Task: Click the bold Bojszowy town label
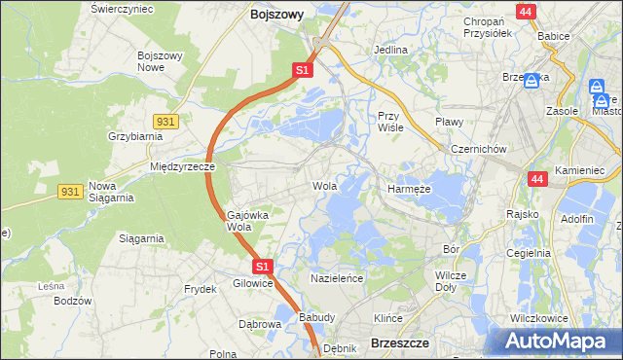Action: pos(276,15)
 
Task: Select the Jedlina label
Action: pos(390,49)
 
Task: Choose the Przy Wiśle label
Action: pos(390,121)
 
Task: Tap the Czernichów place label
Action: pos(478,149)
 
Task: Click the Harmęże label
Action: pos(408,189)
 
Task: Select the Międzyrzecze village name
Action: pos(182,166)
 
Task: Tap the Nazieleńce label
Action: pos(336,278)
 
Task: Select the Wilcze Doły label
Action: pos(450,281)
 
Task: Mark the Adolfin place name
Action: pos(577,219)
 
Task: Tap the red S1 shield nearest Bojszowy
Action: pos(303,70)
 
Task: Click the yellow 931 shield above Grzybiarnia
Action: pos(165,120)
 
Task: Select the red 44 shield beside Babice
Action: pos(527,12)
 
